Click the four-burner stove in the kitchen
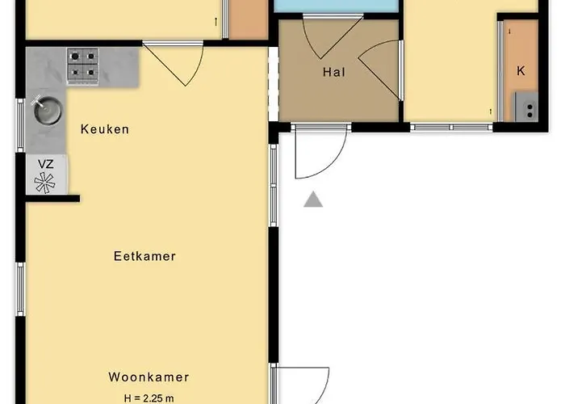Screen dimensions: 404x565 click(82, 65)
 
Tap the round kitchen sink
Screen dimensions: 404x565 click(46, 111)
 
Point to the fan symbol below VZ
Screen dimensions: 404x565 click(46, 182)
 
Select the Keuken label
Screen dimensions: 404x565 click(104, 129)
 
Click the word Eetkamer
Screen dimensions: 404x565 click(144, 256)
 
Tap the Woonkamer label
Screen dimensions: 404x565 click(149, 377)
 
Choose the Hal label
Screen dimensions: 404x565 click(333, 72)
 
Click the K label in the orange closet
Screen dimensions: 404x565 click(521, 70)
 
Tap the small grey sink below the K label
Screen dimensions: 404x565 click(526, 107)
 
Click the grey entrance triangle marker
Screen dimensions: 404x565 click(313, 200)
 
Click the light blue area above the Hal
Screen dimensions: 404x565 click(337, 6)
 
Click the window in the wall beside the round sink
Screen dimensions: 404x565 click(20, 125)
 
